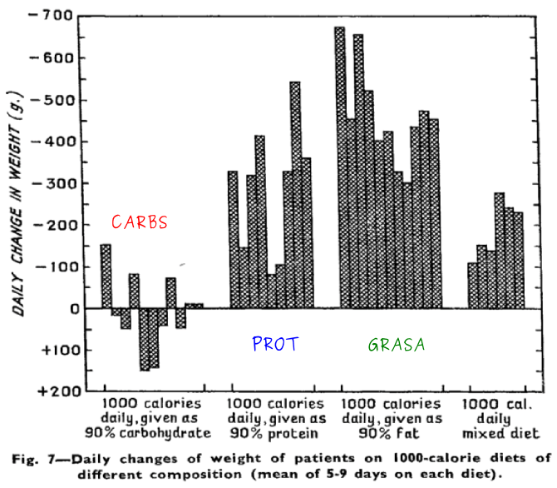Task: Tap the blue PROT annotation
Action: tap(274, 344)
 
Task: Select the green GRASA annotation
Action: tap(395, 344)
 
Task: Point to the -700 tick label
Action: tap(53, 16)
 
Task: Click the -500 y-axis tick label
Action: tap(53, 99)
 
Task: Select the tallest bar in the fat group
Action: tap(339, 167)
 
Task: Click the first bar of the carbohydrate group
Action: tap(106, 276)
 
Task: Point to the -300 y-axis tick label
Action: tap(53, 183)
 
